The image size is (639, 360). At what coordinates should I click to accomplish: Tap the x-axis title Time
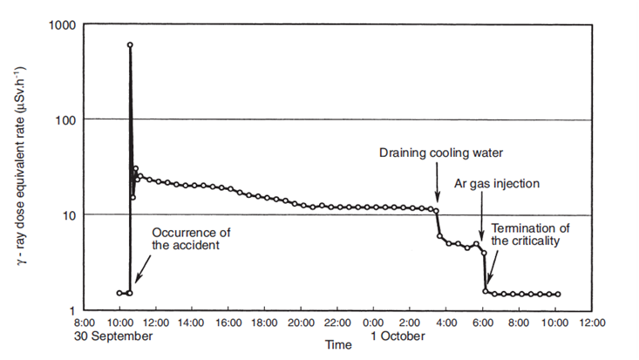pos(337,345)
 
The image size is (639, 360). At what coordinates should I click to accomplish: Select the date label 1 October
pos(398,335)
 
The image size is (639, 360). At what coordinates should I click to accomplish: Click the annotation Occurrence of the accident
pos(192,240)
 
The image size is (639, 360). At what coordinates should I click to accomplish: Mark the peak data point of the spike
pos(130,44)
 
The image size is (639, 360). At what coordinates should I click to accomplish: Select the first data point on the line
pos(119,293)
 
